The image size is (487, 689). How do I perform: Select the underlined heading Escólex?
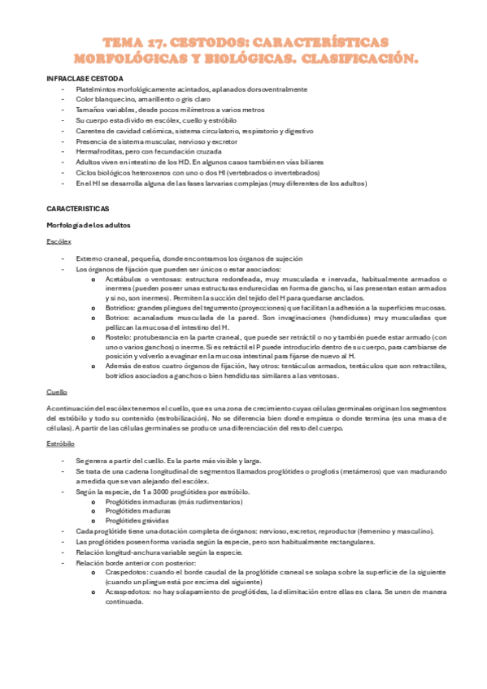click(x=59, y=241)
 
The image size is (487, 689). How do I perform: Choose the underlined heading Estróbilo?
click(x=60, y=445)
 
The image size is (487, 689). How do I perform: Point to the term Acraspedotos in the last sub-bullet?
click(x=127, y=592)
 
